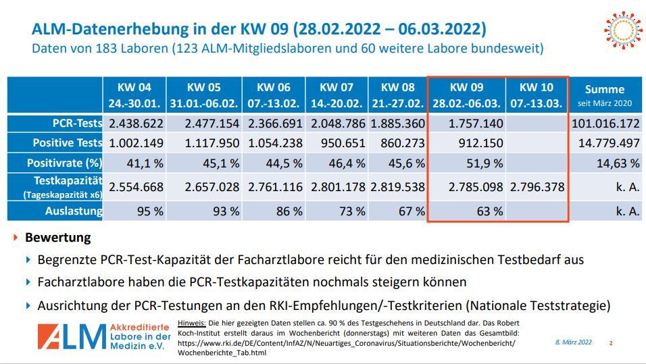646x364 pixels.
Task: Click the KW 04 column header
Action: coord(134,95)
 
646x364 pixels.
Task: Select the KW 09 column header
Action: coord(467,95)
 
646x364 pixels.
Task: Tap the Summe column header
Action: coord(605,95)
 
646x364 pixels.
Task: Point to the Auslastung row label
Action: coord(75,211)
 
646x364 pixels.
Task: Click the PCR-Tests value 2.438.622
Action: coord(136,124)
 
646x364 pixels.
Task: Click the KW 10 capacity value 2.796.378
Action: coord(537,187)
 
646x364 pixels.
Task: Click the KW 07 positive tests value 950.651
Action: coord(331,143)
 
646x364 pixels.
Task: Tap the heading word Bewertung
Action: coord(57,238)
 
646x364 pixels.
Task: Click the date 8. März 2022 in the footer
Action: coord(573,342)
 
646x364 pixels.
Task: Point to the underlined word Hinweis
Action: coord(191,323)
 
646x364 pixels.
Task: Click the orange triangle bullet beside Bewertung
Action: coord(16,238)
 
